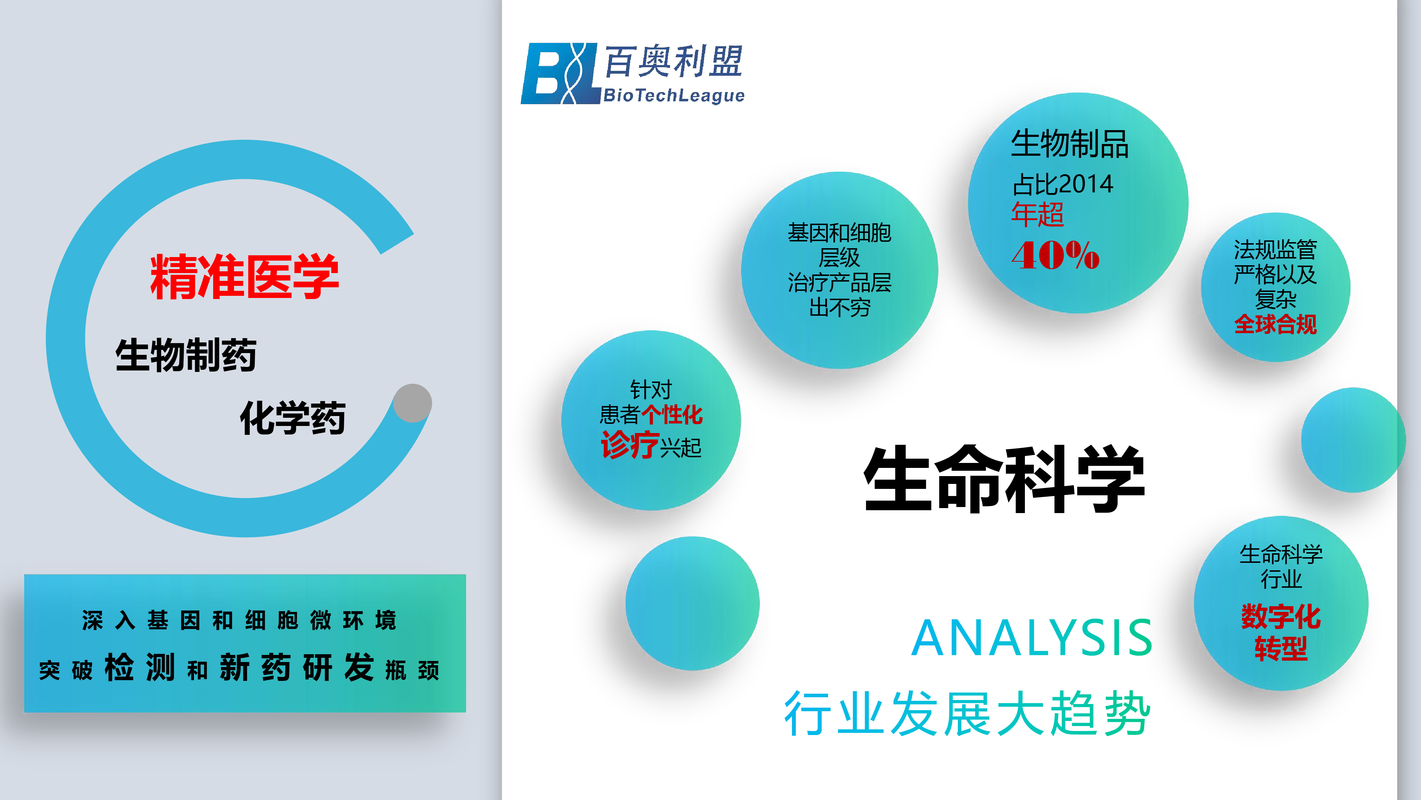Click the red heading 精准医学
tap(244, 277)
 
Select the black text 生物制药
tap(186, 355)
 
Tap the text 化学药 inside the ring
tap(293, 418)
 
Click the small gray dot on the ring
tap(412, 403)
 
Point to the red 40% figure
tap(1055, 255)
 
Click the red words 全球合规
tap(1275, 324)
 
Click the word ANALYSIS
tap(1032, 638)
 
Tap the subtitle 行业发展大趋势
tap(968, 713)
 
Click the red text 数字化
tap(1281, 617)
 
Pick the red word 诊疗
tap(630, 445)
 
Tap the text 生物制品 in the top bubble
tap(1070, 144)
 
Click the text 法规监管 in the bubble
tap(1275, 250)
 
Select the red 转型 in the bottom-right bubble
tap(1281, 648)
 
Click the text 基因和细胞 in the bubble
tap(839, 233)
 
